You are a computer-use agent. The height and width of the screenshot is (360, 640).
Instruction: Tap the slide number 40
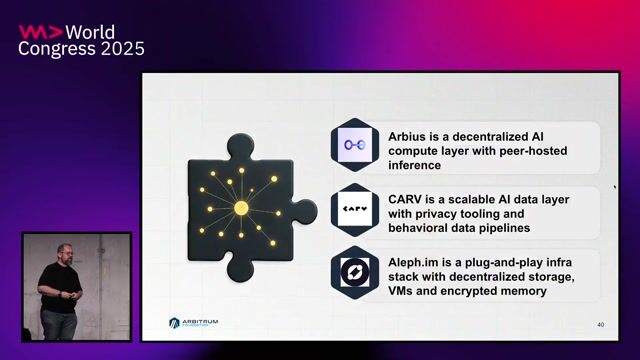[x=600, y=325]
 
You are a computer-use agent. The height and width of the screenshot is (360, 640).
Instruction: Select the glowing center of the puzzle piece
[x=240, y=207]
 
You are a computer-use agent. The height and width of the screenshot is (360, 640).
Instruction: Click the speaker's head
[x=64, y=251]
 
